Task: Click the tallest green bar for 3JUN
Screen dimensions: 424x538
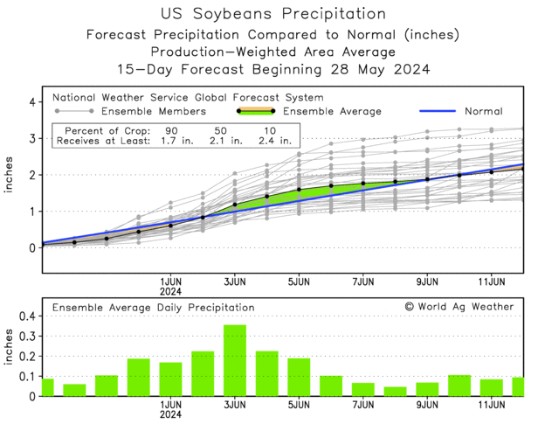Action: pyautogui.click(x=235, y=360)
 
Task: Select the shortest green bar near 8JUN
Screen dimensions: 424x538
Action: pyautogui.click(x=396, y=391)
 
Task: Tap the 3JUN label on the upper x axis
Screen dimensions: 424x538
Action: pyautogui.click(x=235, y=282)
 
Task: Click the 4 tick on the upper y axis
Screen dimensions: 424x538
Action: pyautogui.click(x=31, y=102)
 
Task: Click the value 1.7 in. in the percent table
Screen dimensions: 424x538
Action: pyautogui.click(x=164, y=141)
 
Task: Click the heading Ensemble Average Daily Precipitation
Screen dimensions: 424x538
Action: pyautogui.click(x=153, y=308)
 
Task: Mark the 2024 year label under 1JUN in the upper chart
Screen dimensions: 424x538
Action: pyautogui.click(x=170, y=293)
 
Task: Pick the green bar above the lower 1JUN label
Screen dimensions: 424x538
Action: pyautogui.click(x=170, y=379)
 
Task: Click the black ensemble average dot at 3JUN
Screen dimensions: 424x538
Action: pyautogui.click(x=235, y=205)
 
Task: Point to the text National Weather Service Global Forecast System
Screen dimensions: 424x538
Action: pyautogui.click(x=187, y=97)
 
